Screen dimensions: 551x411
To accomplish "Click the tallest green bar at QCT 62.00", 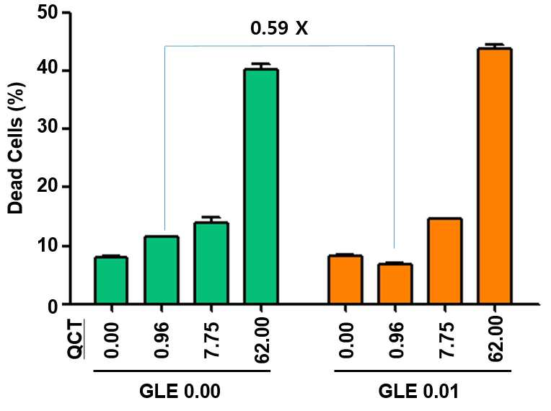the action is click(262, 186).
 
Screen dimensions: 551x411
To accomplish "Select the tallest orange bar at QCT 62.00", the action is click(495, 176).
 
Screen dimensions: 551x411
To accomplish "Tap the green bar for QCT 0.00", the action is click(110, 280).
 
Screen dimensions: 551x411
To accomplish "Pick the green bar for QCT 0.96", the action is click(162, 270).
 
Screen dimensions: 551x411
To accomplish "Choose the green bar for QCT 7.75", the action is click(211, 262).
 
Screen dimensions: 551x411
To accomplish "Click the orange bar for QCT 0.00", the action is click(345, 279).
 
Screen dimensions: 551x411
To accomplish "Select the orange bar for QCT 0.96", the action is click(395, 283).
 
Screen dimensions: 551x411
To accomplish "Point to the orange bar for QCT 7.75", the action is click(445, 260).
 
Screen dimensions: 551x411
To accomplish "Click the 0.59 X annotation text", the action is click(279, 28).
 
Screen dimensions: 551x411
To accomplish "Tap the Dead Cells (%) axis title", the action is click(15, 148).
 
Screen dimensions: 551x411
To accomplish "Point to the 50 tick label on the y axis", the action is click(48, 13).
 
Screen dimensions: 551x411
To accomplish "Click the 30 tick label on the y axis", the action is click(48, 128).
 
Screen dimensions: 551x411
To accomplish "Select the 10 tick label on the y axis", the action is click(48, 246).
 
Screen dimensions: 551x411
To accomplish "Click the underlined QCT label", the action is click(76, 340).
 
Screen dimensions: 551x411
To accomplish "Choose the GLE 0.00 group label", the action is click(180, 391).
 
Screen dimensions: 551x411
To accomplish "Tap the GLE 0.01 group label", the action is click(418, 391).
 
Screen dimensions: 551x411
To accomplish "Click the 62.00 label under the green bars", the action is click(262, 340).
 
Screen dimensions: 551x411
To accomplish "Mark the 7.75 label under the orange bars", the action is click(446, 340).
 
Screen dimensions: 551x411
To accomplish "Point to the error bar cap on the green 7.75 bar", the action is click(211, 217).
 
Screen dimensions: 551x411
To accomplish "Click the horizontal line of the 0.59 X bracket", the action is click(279, 45).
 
